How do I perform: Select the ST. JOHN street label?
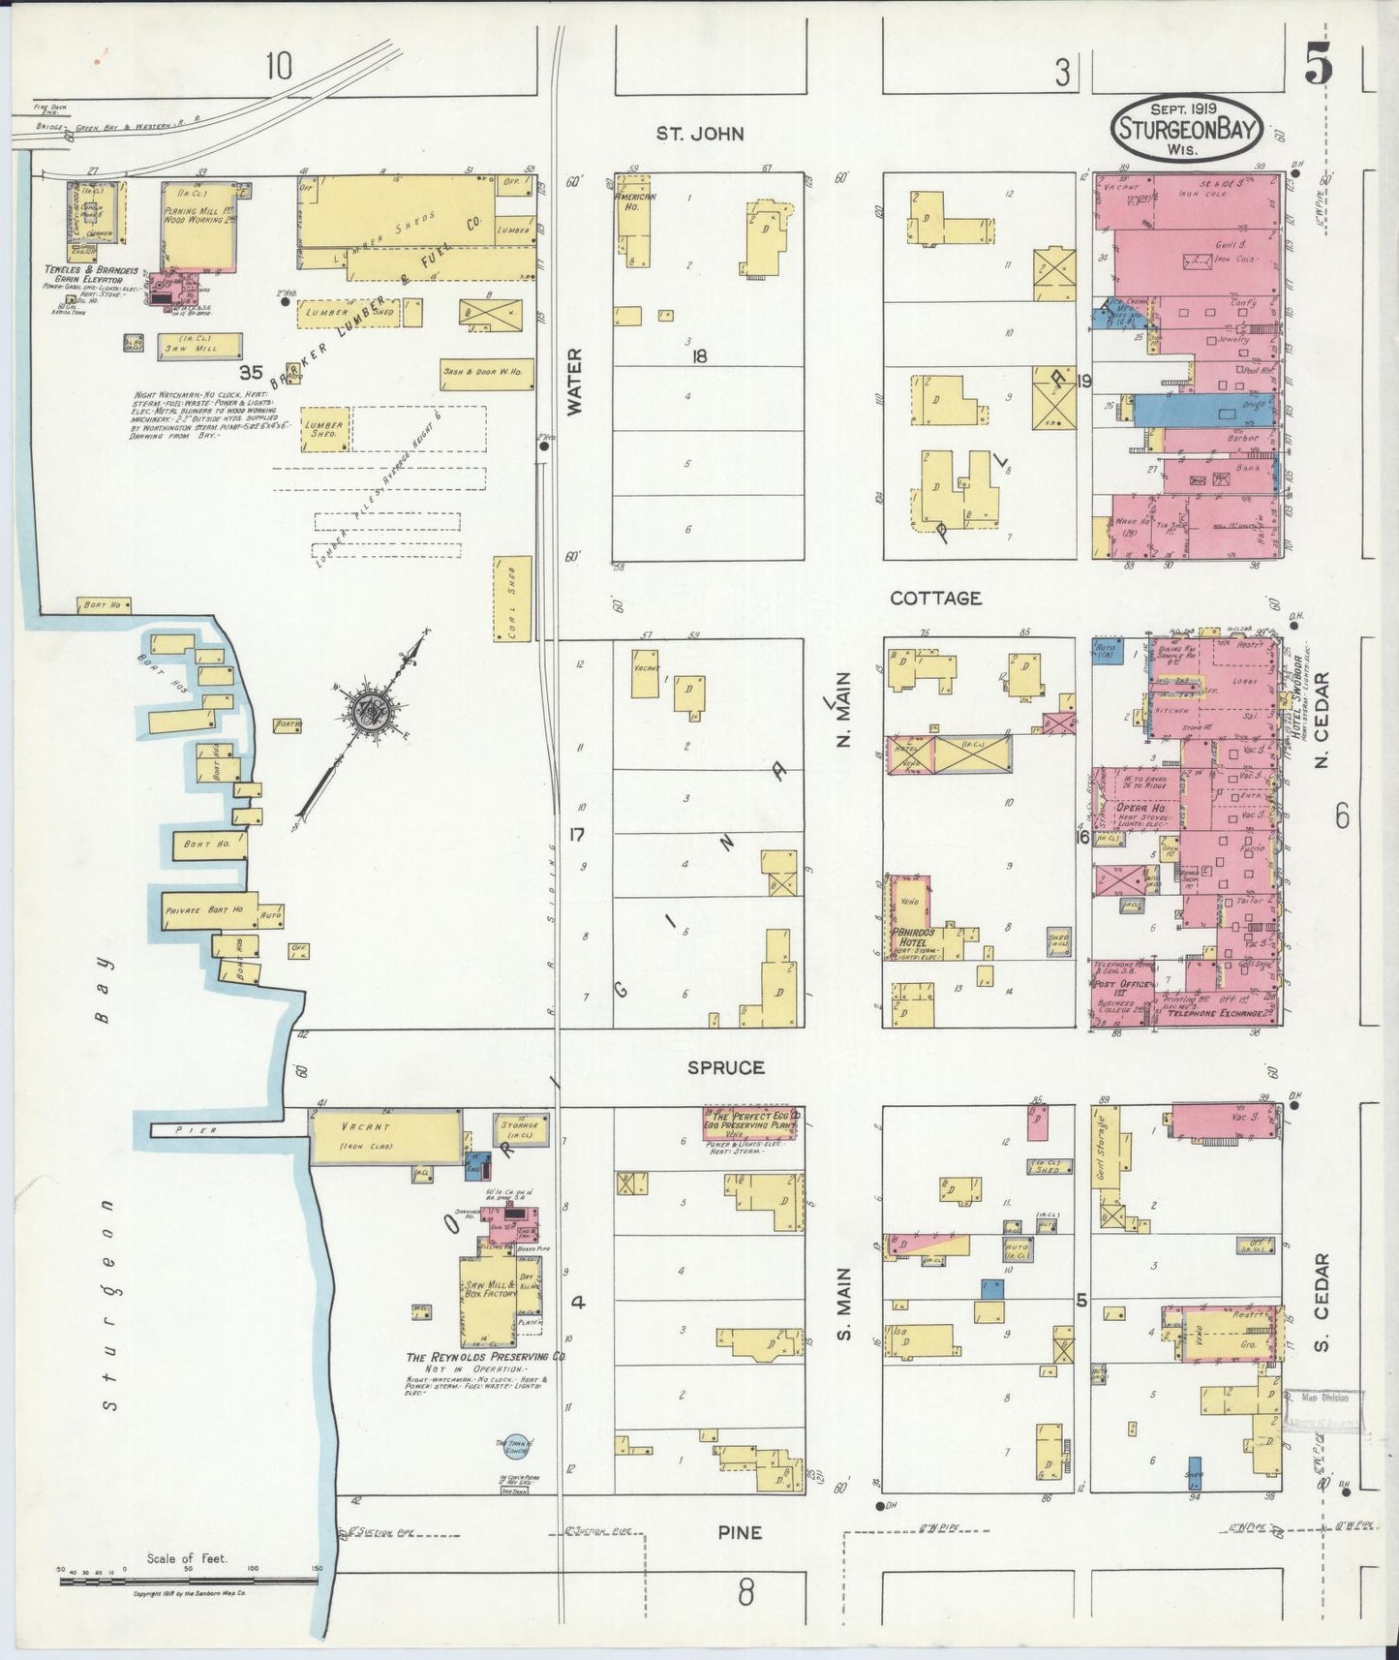[x=700, y=134]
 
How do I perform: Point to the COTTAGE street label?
[x=935, y=599]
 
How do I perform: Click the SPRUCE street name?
[x=726, y=1067]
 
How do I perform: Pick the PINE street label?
[x=740, y=1532]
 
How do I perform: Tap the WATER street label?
[x=575, y=383]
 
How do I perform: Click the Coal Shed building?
[x=513, y=598]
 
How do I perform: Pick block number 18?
[x=699, y=356]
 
